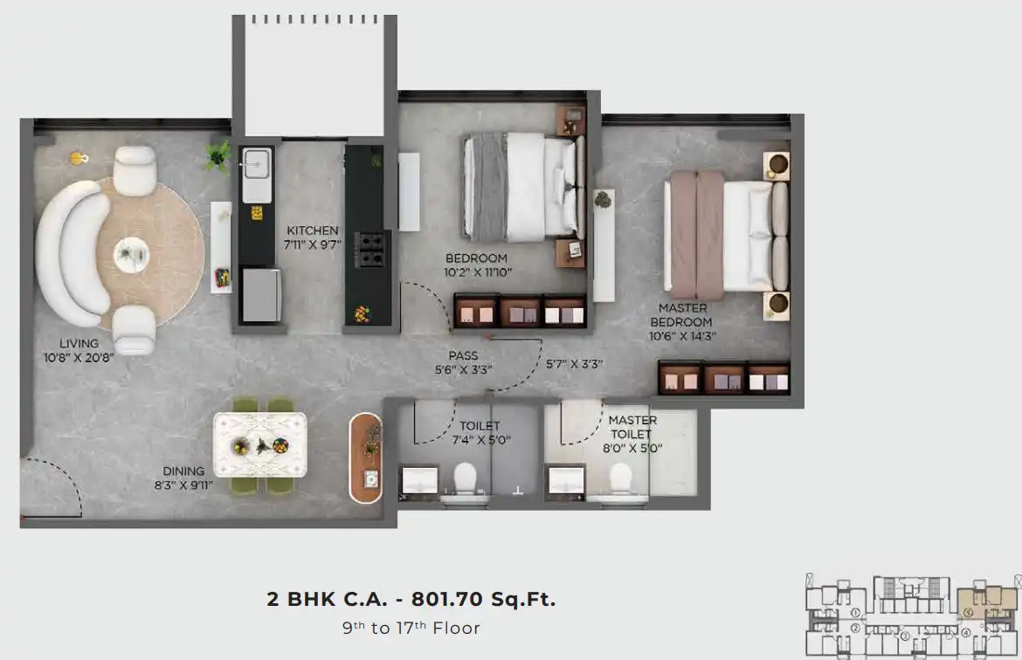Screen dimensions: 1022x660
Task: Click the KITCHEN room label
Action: point(313,230)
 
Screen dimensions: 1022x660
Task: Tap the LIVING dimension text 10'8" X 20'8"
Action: point(79,358)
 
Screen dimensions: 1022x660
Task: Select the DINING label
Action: point(183,471)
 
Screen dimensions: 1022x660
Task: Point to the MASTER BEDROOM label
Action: point(681,314)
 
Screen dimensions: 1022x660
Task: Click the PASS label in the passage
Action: point(464,355)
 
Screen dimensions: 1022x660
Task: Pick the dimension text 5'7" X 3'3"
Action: point(574,364)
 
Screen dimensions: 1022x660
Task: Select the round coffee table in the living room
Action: point(132,254)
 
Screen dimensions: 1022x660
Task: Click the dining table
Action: point(260,445)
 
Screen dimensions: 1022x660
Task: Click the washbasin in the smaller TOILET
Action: point(420,481)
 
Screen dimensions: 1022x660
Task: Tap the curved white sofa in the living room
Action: point(73,253)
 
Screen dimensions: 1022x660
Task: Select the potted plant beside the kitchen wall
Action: point(218,155)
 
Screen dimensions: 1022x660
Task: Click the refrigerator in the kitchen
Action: point(261,295)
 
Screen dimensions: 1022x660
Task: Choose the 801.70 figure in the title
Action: point(448,599)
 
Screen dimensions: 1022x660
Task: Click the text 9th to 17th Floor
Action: point(411,628)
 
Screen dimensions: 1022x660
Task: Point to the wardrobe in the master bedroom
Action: point(724,377)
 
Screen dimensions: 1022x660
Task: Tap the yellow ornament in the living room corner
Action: point(79,158)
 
